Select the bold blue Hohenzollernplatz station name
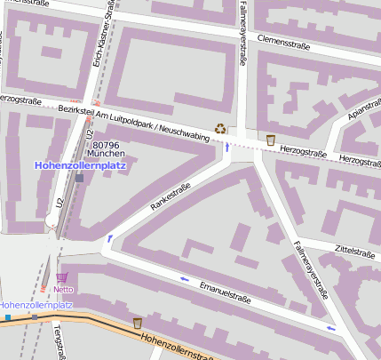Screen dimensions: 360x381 point(80,165)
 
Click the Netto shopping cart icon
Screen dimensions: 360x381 point(61,277)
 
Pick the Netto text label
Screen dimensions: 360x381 point(63,289)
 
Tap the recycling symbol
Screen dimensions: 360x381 point(220,129)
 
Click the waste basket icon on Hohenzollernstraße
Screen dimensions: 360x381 point(138,322)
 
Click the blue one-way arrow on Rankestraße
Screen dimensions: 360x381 point(110,238)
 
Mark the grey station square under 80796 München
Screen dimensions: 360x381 point(80,178)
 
